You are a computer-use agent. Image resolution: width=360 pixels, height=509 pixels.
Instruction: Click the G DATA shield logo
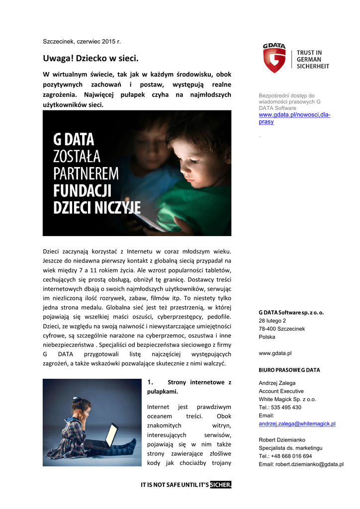(x=274, y=59)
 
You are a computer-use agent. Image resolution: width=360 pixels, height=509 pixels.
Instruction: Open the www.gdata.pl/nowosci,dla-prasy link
(x=294, y=118)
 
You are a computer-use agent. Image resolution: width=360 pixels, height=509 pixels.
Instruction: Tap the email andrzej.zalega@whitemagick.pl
(x=297, y=424)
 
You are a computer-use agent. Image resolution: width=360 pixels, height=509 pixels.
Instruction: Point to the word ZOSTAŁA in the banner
(x=77, y=157)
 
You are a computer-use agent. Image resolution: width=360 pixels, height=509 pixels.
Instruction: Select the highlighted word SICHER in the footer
(x=221, y=485)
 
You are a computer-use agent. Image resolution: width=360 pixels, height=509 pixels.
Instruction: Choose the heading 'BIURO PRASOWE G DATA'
(x=289, y=370)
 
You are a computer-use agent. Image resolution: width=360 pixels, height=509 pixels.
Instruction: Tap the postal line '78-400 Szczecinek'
(x=282, y=329)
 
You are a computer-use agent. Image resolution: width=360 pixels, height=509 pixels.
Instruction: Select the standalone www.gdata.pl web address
(x=275, y=353)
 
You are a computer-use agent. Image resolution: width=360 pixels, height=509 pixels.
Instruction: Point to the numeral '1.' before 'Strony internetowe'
(x=152, y=382)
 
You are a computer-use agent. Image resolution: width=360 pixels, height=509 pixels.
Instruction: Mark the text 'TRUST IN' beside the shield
(x=309, y=53)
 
